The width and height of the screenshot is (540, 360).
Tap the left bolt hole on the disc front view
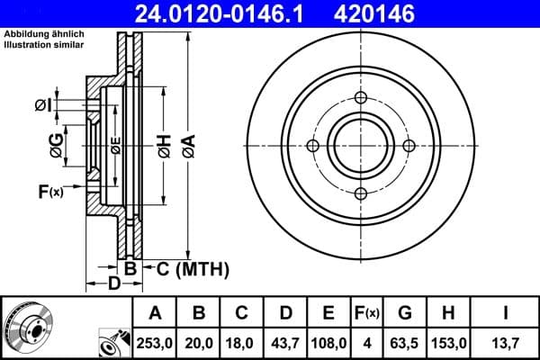tap(313, 146)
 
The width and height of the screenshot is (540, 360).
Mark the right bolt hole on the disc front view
tap(409, 146)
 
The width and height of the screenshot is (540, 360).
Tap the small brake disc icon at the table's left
tap(25, 325)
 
